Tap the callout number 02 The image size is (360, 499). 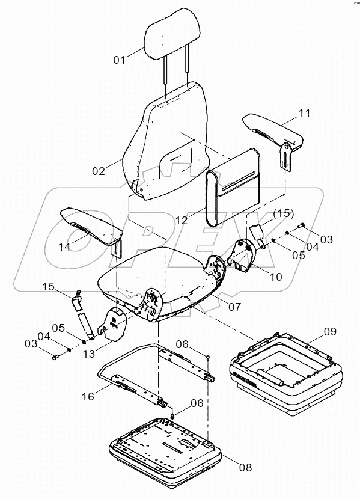pos(99,171)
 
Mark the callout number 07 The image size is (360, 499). pos(234,306)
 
